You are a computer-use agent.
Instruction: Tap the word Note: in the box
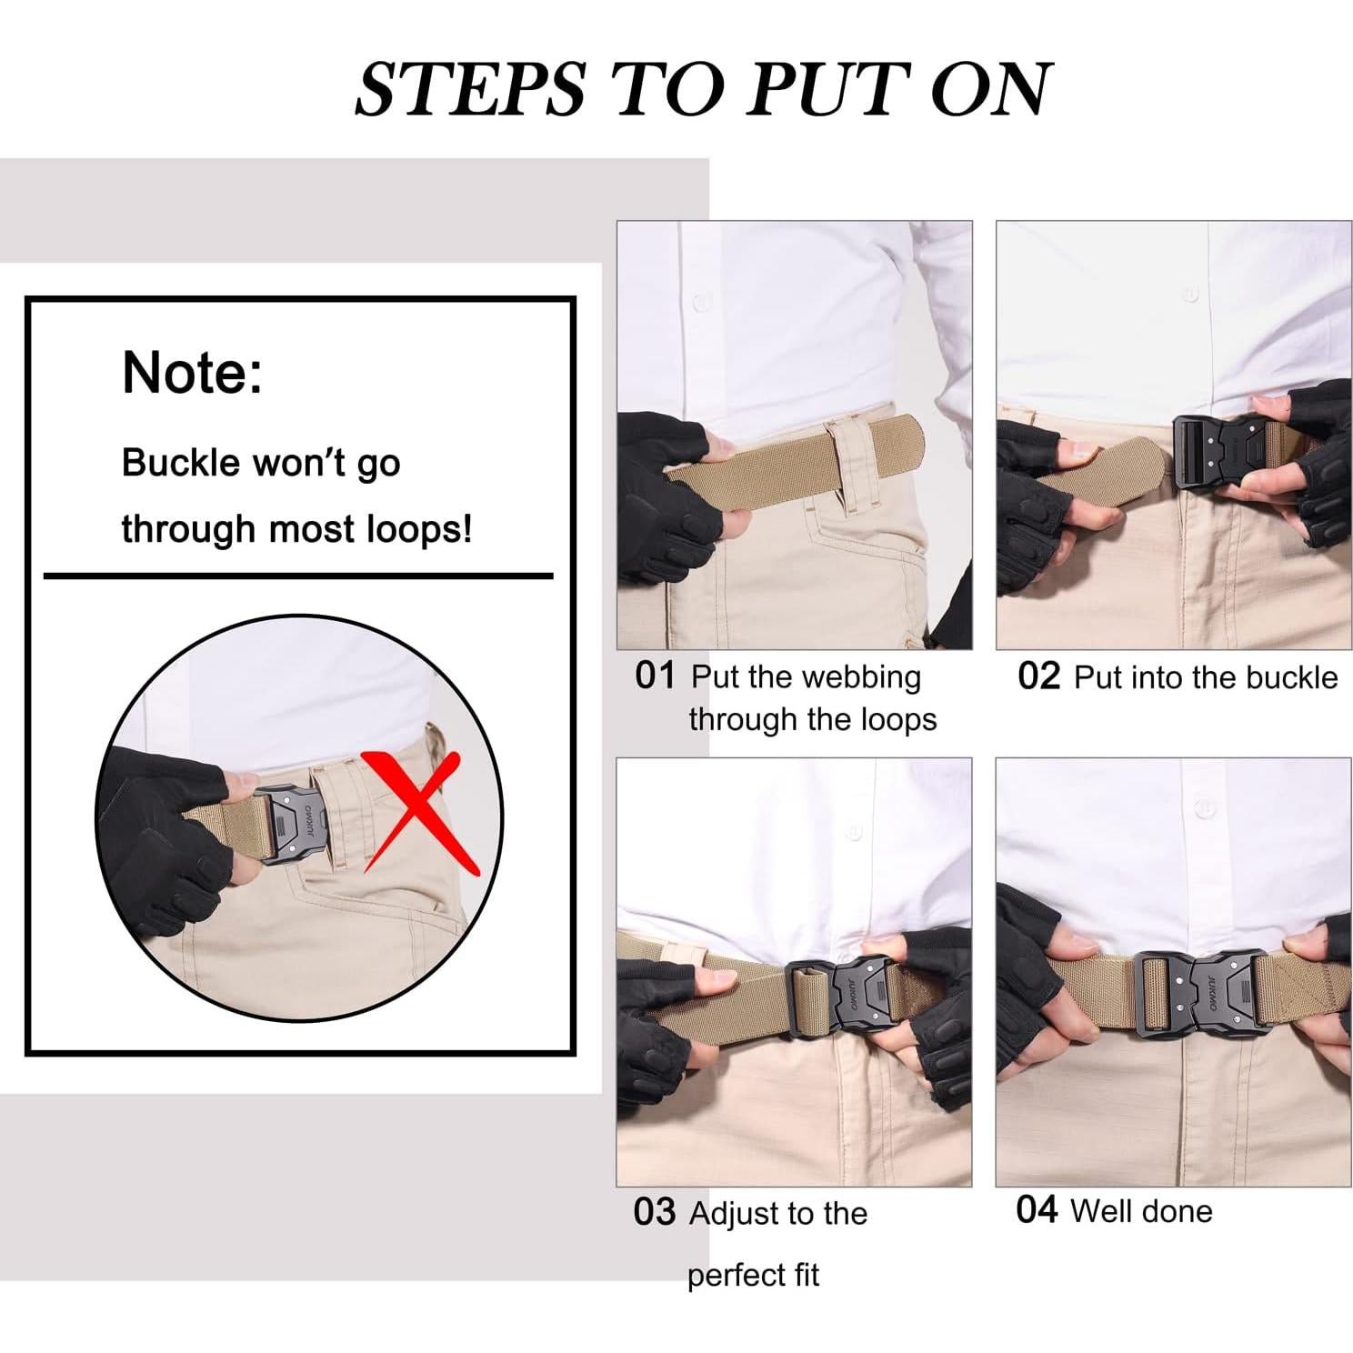point(193,372)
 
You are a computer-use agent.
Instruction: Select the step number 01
point(655,676)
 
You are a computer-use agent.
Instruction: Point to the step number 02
point(1038,676)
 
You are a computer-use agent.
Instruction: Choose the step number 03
point(655,1212)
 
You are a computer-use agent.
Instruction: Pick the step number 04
point(1037,1209)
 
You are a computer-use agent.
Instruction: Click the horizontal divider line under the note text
point(298,576)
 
